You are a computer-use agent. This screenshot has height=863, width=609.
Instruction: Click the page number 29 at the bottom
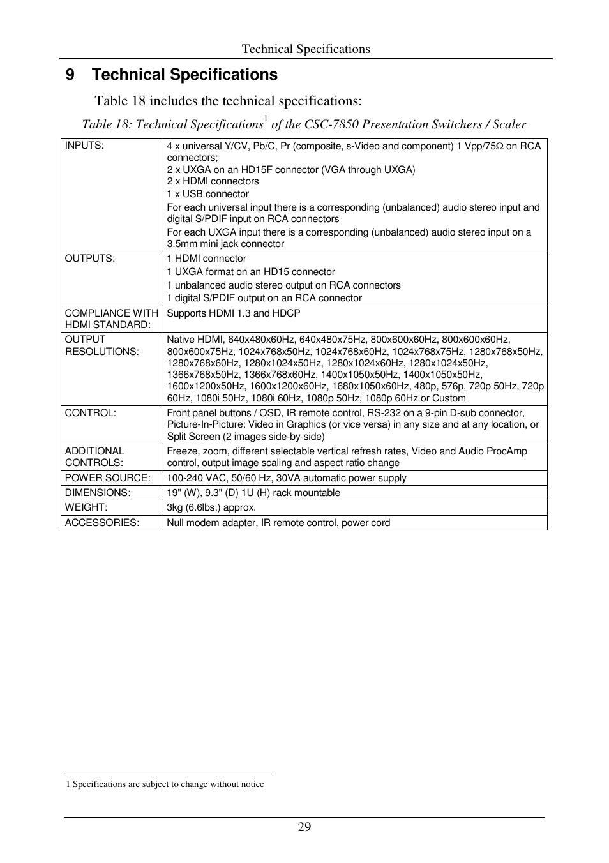(x=304, y=827)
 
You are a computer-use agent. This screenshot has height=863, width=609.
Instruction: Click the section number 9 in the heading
(x=70, y=75)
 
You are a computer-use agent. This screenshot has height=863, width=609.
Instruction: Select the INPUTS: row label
(x=84, y=146)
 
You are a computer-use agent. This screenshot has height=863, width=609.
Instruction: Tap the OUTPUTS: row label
(x=90, y=259)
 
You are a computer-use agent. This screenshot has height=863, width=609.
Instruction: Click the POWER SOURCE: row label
(x=108, y=478)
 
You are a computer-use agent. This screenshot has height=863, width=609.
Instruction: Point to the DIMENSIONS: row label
(x=98, y=493)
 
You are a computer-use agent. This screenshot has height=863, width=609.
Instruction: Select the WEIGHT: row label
(x=86, y=507)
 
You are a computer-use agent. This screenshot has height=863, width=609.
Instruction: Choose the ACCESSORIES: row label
(x=102, y=523)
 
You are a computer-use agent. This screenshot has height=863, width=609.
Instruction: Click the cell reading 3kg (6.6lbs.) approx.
(x=211, y=507)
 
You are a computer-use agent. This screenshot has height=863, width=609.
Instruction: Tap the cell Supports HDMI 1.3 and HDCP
(x=234, y=313)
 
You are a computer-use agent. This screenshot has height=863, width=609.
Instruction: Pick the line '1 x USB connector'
(x=208, y=194)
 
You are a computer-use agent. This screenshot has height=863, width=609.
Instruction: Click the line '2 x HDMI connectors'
(x=213, y=181)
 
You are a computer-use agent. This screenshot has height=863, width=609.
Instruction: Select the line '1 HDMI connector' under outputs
(x=207, y=259)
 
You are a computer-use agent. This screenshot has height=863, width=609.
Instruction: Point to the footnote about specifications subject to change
(x=165, y=784)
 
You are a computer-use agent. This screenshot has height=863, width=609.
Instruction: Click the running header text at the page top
(x=306, y=49)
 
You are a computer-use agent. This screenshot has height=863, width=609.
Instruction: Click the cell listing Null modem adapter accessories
(x=278, y=523)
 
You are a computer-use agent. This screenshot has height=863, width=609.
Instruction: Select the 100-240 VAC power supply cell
(x=287, y=478)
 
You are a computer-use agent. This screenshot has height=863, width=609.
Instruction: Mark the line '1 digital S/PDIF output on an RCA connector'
(x=264, y=298)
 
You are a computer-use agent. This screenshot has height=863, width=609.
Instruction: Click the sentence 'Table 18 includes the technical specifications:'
(x=229, y=101)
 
